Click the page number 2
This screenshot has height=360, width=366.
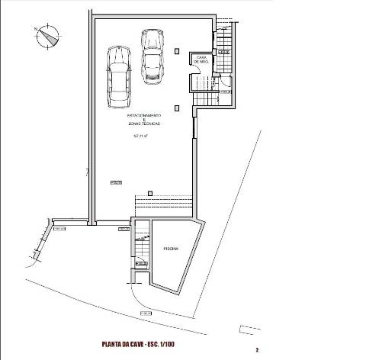(x=258, y=350)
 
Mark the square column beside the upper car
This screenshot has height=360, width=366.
(x=177, y=51)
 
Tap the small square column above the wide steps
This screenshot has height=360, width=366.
(x=149, y=192)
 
